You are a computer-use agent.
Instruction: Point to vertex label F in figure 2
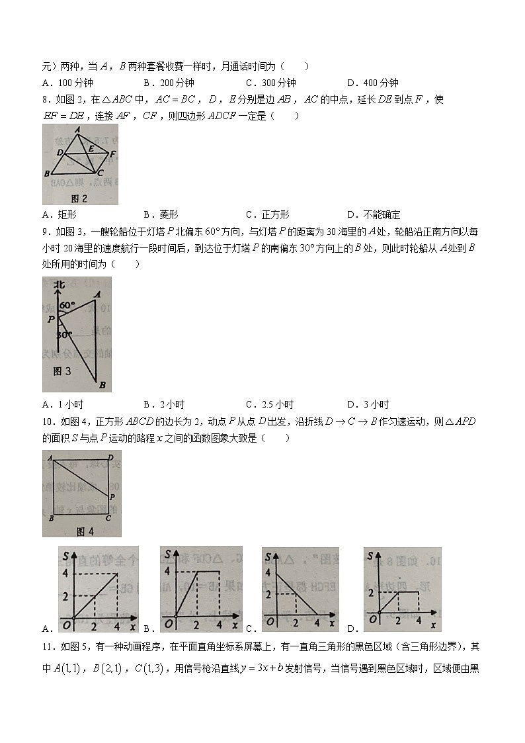[x=113, y=154]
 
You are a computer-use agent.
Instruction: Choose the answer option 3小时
[x=374, y=404]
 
